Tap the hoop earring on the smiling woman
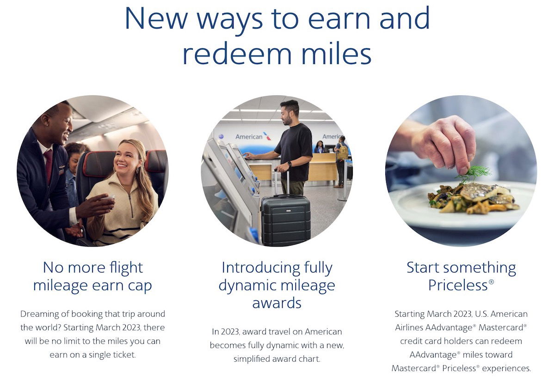point(137,170)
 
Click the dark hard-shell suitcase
point(286,220)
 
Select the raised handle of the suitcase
point(282,182)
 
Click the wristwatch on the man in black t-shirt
point(290,164)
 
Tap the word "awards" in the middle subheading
point(277,303)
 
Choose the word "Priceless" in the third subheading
point(458,285)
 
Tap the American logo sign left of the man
point(253,136)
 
